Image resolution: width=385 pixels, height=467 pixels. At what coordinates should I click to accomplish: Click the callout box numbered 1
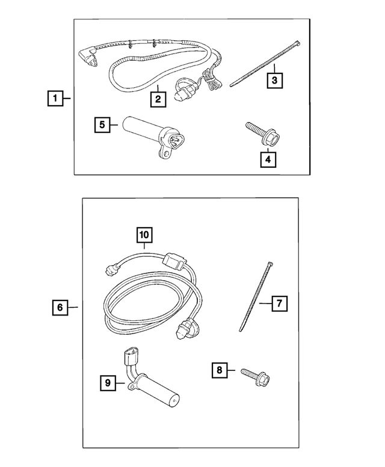click(x=54, y=98)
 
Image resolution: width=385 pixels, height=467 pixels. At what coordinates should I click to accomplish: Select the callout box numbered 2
click(x=158, y=98)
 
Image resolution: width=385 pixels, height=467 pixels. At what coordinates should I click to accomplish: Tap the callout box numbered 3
click(x=274, y=79)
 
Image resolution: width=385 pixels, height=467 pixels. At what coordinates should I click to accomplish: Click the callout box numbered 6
click(x=60, y=308)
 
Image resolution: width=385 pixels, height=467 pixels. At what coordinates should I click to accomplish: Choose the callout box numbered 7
click(x=279, y=304)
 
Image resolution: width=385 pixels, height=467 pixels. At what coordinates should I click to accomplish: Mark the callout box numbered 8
click(x=221, y=371)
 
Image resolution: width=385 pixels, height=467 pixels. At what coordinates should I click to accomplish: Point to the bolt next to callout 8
click(x=256, y=376)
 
